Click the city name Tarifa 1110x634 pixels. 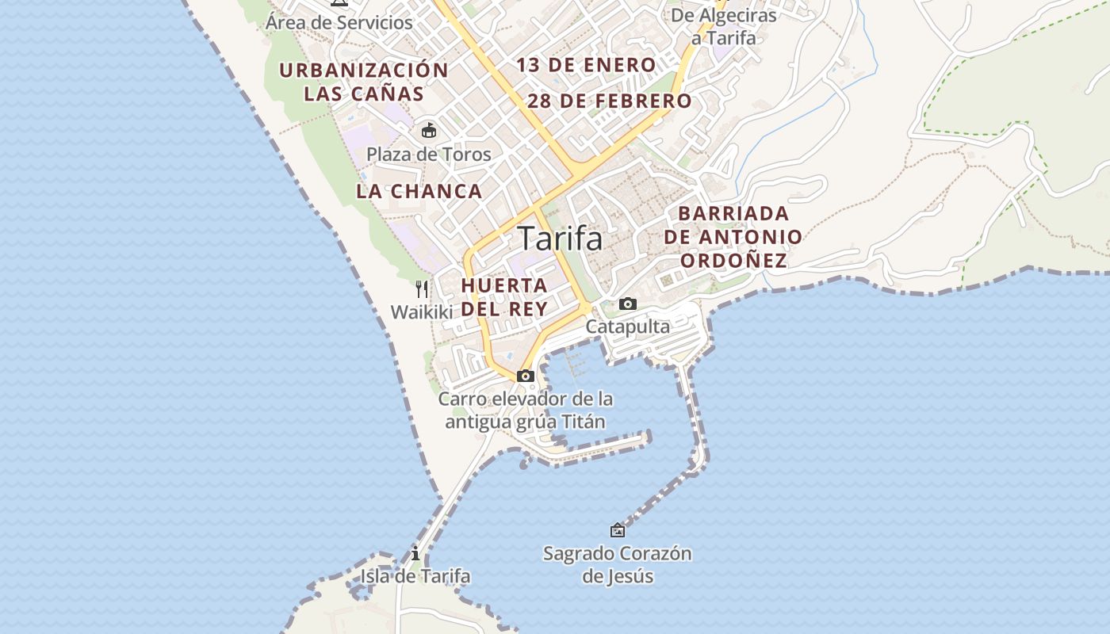point(560,239)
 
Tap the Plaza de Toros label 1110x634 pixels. point(429,155)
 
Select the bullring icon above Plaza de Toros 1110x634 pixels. point(429,130)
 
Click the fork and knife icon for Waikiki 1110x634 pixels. point(422,289)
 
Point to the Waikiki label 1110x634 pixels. point(421,312)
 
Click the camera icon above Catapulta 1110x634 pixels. point(627,304)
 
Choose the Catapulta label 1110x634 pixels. point(627,327)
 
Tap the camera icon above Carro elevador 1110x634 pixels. point(525,376)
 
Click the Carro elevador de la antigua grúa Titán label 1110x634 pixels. point(525,410)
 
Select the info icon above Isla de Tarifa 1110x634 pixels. point(415,554)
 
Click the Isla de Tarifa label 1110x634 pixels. point(415,576)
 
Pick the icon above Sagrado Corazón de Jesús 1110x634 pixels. point(617,530)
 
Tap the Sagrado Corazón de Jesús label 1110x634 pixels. point(617,564)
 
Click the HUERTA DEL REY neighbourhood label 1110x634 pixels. point(504,296)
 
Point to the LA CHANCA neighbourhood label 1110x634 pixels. point(419,191)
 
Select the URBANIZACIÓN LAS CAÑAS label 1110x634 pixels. point(364,82)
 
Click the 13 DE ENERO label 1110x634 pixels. point(586,65)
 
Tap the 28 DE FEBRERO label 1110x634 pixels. point(609,101)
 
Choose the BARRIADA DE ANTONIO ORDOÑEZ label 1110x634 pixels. point(733,237)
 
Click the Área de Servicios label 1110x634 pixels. point(339,22)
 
